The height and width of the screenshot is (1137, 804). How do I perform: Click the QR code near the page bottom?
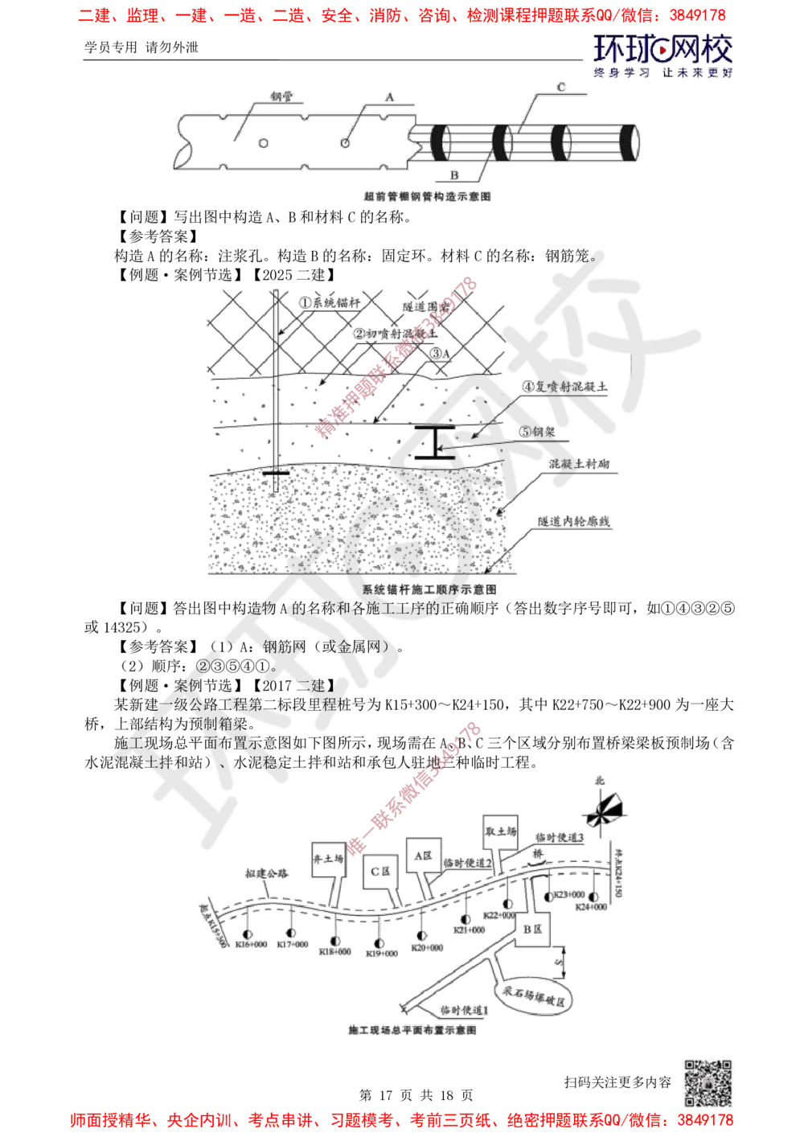706,1082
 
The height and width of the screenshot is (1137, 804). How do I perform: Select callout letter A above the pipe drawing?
389,97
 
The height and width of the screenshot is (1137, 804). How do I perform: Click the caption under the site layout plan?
415,1028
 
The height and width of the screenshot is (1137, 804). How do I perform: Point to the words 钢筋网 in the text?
278,645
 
